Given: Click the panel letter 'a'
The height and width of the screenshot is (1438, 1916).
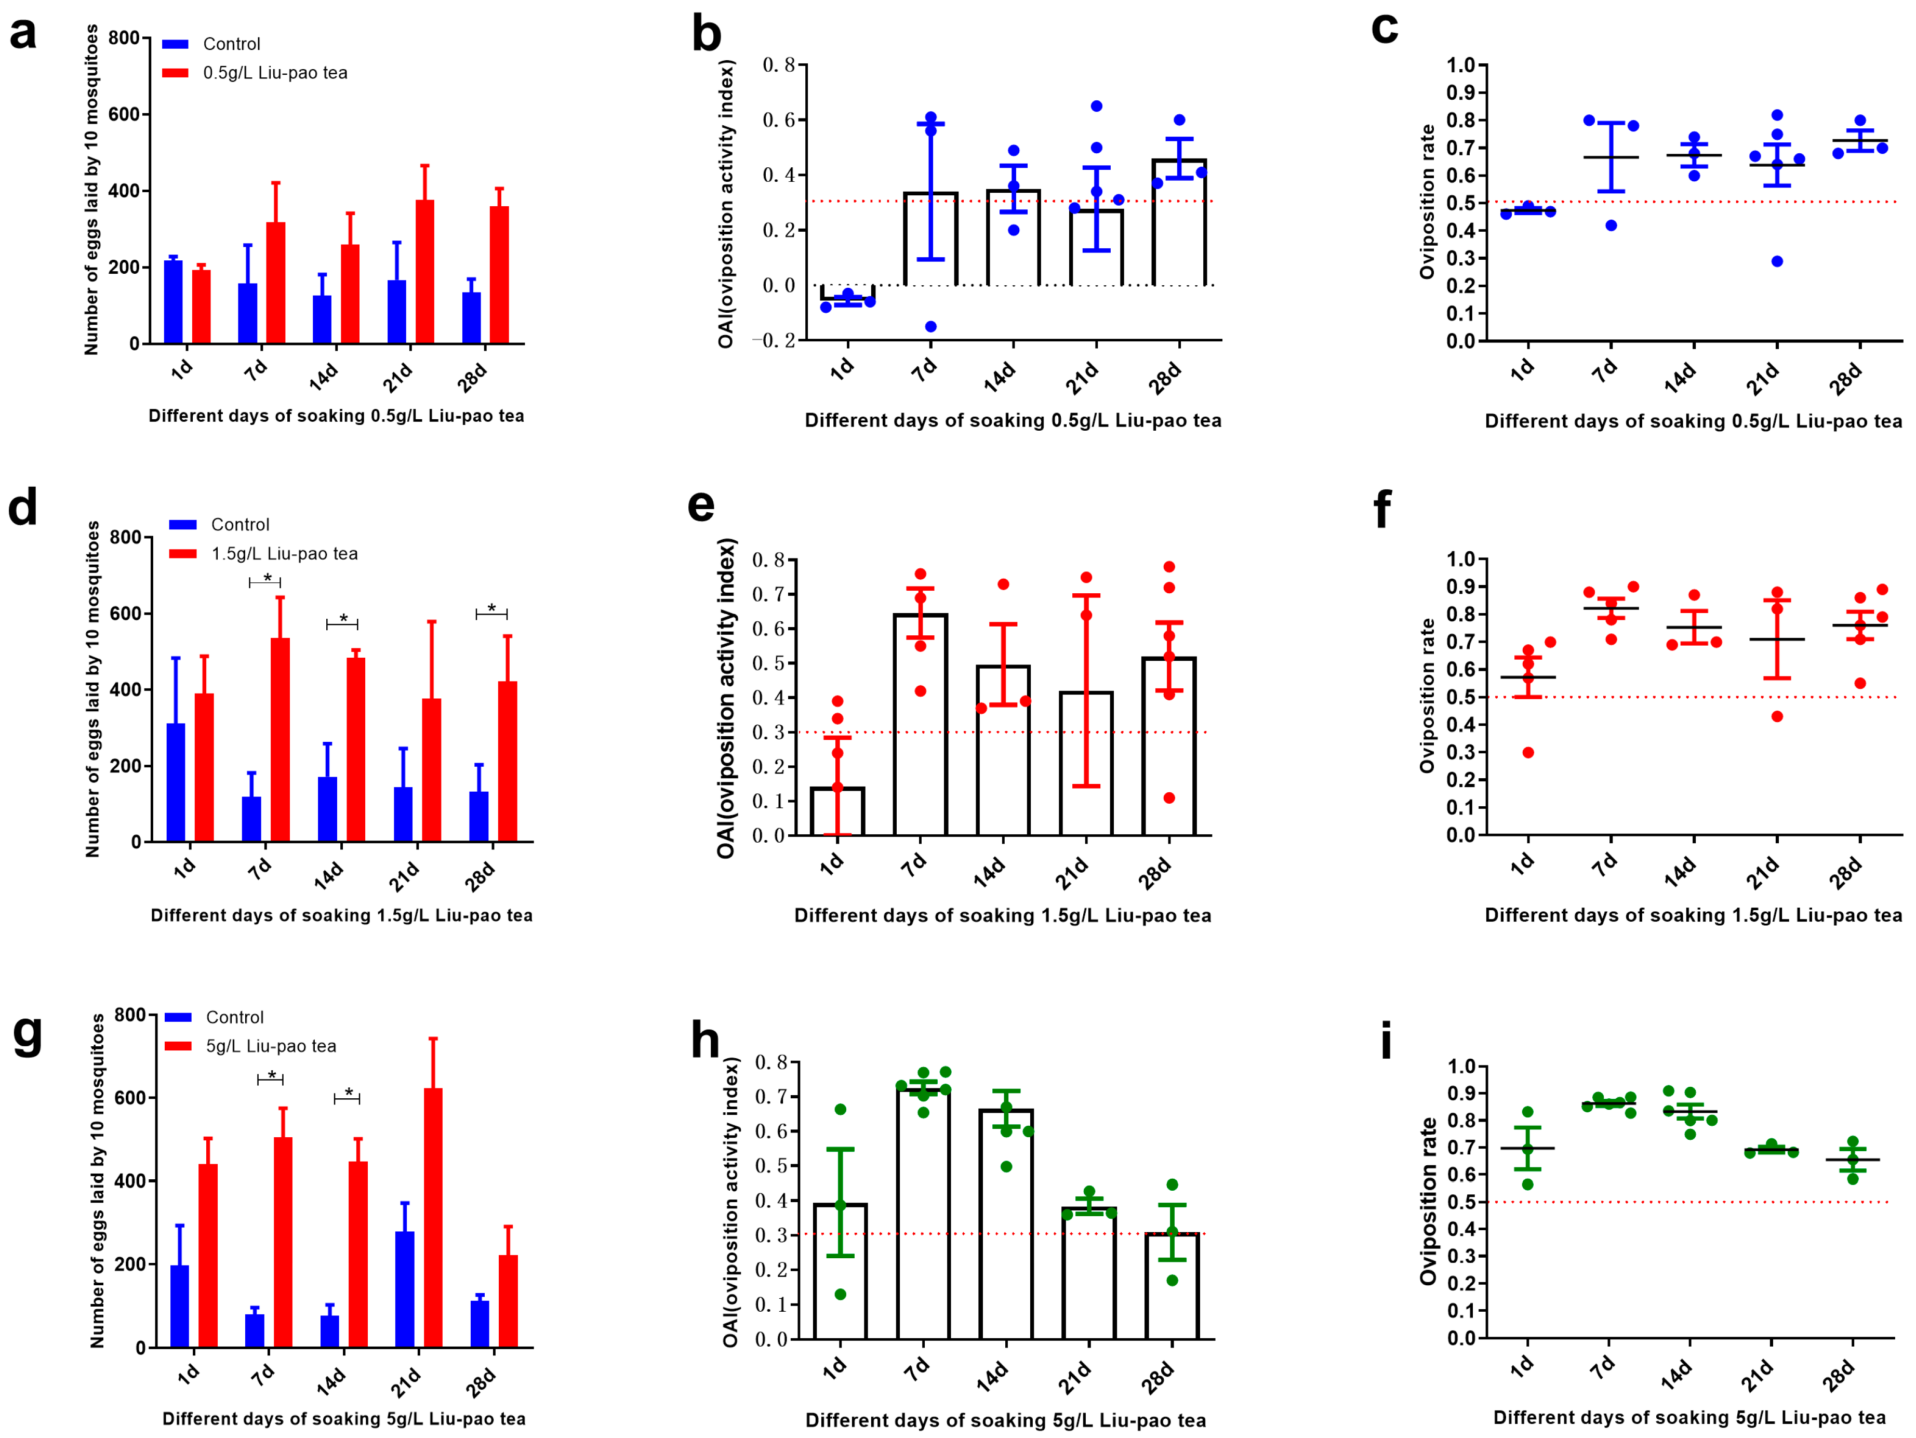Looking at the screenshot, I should point(23,35).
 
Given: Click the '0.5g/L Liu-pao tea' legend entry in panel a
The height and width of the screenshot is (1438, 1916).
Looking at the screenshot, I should point(275,73).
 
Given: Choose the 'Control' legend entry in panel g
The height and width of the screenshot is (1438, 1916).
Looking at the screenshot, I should point(234,1017).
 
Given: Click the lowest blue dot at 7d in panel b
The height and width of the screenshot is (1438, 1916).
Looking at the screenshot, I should point(930,327).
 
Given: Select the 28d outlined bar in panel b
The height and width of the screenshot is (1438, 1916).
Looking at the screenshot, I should point(1179,223).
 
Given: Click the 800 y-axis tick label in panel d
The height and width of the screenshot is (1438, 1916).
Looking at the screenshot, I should point(126,537).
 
